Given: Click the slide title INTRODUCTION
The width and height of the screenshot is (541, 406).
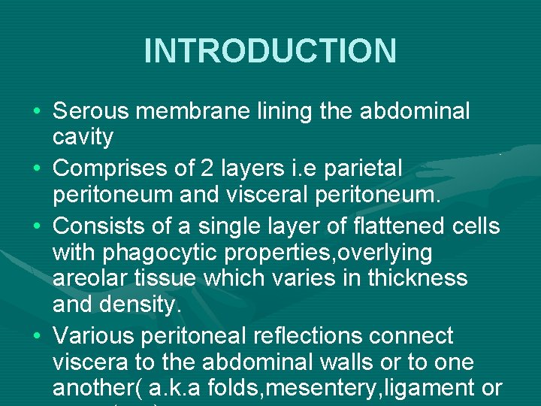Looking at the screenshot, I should click(x=270, y=51).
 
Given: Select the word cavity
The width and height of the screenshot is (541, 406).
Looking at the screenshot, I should click(x=83, y=138).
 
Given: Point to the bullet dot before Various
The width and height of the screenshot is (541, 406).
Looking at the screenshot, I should click(x=38, y=336).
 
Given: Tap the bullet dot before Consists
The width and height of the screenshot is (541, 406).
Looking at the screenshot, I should click(x=38, y=226).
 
